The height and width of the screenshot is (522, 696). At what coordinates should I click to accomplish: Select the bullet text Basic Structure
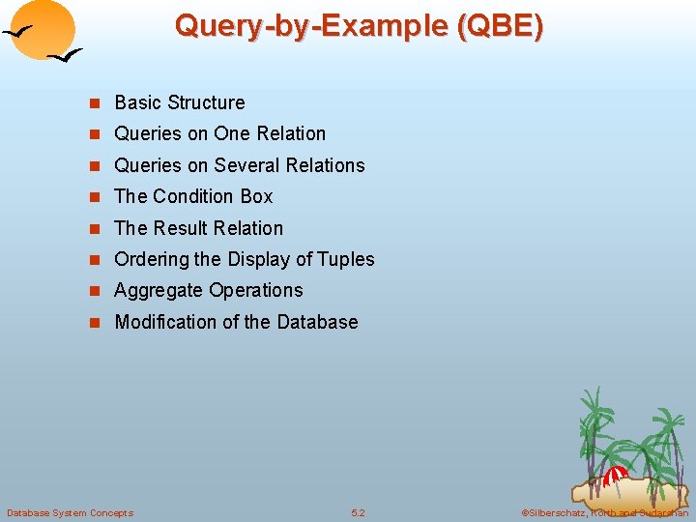tap(180, 102)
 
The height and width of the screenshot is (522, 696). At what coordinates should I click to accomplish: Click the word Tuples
tap(345, 259)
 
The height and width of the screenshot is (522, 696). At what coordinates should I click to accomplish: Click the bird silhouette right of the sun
tap(65, 58)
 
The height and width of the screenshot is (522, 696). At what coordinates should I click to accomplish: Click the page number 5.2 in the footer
tap(358, 512)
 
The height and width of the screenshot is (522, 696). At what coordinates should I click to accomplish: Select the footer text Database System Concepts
tap(70, 512)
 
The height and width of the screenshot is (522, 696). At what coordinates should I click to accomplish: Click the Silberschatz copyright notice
tap(604, 512)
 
